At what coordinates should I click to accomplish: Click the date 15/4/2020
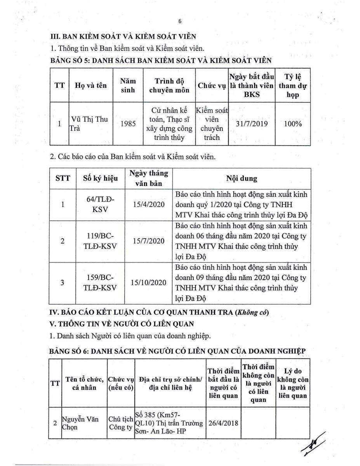(x=148, y=205)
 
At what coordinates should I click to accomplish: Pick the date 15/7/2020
(x=148, y=241)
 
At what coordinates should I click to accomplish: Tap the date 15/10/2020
(x=148, y=283)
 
